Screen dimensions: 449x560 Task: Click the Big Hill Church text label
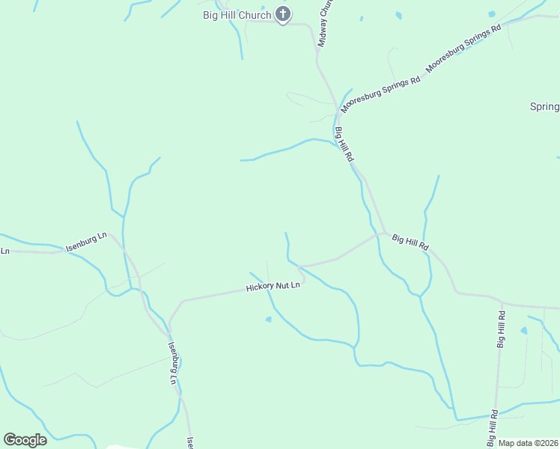pos(236,15)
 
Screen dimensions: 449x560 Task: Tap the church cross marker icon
pos(283,13)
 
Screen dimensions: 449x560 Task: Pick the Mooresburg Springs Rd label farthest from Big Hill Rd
pos(463,49)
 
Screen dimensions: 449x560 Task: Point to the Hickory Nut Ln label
pos(273,287)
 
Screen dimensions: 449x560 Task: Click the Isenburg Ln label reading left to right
pos(86,242)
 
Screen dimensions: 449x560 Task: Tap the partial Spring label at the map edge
pos(545,107)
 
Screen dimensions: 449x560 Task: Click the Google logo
pos(25,440)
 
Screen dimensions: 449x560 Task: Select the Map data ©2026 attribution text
pos(529,443)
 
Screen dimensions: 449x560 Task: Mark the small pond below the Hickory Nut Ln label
pos(269,320)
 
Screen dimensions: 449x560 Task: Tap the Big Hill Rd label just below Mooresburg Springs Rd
pos(344,145)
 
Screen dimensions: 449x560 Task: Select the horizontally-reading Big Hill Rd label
pos(410,242)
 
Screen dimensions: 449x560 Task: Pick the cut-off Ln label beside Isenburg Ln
pos(4,251)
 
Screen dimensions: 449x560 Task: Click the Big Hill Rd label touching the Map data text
pos(493,427)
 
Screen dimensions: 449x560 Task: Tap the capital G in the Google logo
pos(10,440)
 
